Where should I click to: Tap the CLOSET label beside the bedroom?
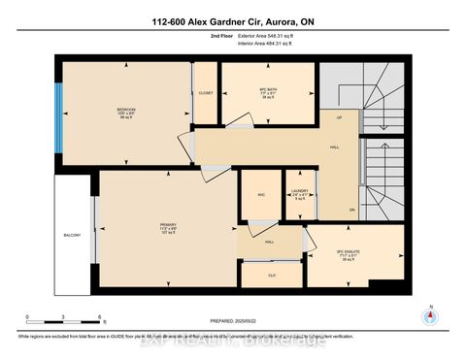tap(205, 93)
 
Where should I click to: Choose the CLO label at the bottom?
tap(271, 275)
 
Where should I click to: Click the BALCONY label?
tap(72, 235)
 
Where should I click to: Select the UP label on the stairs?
tap(340, 118)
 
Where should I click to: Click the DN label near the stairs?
tap(352, 210)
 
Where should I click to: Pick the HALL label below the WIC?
tap(269, 242)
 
